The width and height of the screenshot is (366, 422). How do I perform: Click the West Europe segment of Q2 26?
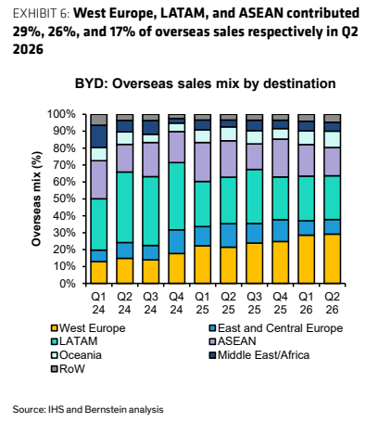(x=332, y=259)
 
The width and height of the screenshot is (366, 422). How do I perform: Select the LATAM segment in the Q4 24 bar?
(x=176, y=197)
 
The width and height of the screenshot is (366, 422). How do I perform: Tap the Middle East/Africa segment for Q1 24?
(x=99, y=136)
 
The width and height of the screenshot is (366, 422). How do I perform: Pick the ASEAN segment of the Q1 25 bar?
(x=202, y=162)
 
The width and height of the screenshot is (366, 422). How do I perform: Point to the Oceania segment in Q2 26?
(x=332, y=140)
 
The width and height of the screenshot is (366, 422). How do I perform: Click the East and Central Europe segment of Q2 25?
(x=228, y=236)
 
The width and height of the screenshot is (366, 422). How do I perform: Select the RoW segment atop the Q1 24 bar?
(x=99, y=120)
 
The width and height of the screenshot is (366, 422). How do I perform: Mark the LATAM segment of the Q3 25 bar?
(x=254, y=197)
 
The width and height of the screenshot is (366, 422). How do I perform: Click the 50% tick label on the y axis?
(x=64, y=198)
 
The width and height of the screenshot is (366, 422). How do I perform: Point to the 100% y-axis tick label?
(x=61, y=114)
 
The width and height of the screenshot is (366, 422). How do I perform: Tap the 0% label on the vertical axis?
(x=67, y=284)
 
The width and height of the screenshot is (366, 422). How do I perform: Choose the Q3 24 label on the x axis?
(x=150, y=303)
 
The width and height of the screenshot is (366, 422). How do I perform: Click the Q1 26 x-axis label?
(x=306, y=303)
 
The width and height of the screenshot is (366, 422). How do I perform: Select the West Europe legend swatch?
(x=55, y=328)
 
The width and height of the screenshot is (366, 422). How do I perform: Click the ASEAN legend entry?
(x=233, y=341)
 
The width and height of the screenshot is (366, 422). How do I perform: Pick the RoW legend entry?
(x=69, y=369)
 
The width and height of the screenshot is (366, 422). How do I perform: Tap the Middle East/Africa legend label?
(x=264, y=355)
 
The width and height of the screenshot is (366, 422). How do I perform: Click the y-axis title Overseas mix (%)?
(x=36, y=198)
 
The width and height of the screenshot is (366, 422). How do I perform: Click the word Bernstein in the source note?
(x=106, y=409)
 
